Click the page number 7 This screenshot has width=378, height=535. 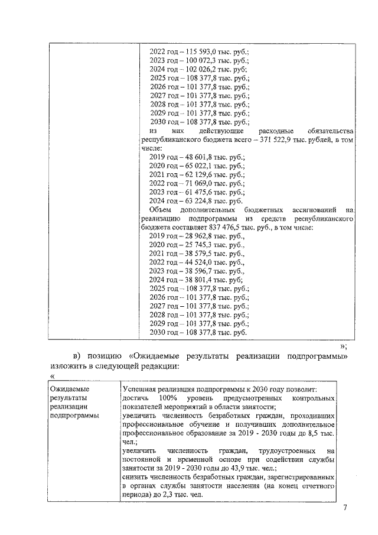(346, 508)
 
